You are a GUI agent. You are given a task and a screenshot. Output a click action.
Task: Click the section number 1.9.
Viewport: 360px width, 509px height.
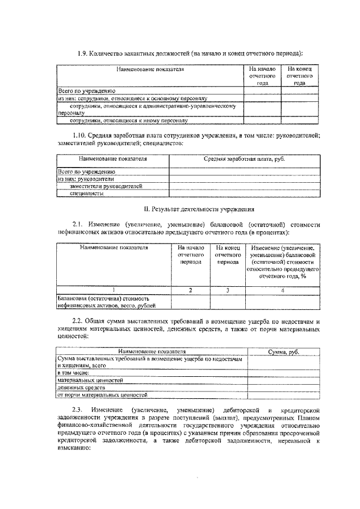[82, 53]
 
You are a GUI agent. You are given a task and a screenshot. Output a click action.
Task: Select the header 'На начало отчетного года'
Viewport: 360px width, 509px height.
[262, 75]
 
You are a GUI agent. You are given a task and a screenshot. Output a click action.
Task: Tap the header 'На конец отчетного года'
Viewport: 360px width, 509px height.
[299, 75]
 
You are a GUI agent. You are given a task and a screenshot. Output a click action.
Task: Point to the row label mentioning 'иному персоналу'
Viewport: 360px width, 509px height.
[128, 120]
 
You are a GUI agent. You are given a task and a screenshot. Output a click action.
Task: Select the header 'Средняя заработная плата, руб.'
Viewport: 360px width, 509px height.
[244, 159]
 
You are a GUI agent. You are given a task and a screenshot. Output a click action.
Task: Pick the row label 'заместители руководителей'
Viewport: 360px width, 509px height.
[106, 186]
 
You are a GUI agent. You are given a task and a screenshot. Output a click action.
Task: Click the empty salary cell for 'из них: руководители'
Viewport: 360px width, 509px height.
[244, 178]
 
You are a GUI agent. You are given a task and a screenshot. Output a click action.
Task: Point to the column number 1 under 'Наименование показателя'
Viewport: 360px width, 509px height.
[114, 290]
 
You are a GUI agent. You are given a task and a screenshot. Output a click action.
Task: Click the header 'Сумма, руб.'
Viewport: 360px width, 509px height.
[284, 352]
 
